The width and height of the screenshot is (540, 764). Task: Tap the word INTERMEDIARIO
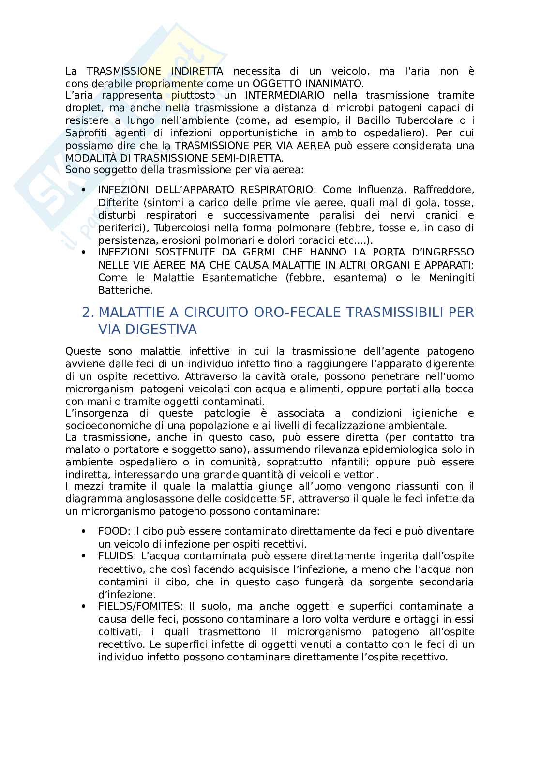(x=285, y=95)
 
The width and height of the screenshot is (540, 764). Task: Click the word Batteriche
(x=125, y=290)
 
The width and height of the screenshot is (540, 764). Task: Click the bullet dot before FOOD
(x=84, y=531)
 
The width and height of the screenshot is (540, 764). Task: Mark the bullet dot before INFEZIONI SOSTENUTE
(x=84, y=252)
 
